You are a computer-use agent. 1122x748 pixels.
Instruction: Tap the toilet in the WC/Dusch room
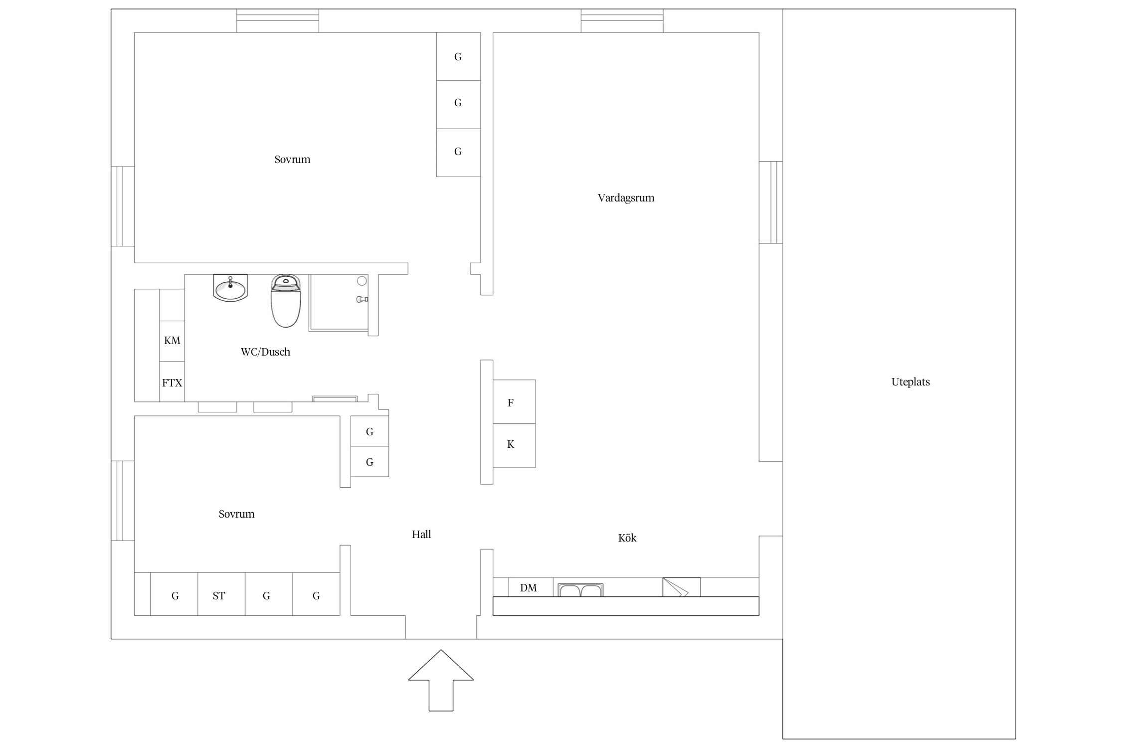pos(286,301)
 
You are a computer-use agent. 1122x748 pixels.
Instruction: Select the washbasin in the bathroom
pos(230,288)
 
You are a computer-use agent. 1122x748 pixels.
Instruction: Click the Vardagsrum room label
pos(626,198)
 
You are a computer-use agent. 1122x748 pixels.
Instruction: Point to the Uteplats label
pos(911,382)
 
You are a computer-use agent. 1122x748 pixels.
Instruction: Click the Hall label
pos(421,535)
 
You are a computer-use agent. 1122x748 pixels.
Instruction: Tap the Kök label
pos(627,538)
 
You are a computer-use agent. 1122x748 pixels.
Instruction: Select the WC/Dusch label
pos(265,352)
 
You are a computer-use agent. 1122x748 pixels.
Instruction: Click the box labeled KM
pos(172,341)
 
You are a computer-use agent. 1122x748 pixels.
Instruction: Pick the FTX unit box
pos(172,382)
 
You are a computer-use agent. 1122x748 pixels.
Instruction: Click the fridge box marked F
pos(514,402)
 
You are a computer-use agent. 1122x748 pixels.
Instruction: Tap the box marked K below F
pos(514,446)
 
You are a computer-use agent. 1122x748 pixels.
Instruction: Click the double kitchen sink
pos(580,590)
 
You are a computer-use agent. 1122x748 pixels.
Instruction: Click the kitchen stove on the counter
pos(682,587)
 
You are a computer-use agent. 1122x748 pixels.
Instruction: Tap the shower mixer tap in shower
pos(363,299)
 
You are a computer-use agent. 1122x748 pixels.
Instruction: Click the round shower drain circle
pos(362,281)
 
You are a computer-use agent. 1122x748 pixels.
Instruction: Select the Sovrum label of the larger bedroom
pos(292,160)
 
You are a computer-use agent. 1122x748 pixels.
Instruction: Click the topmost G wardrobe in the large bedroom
pos(458,56)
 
